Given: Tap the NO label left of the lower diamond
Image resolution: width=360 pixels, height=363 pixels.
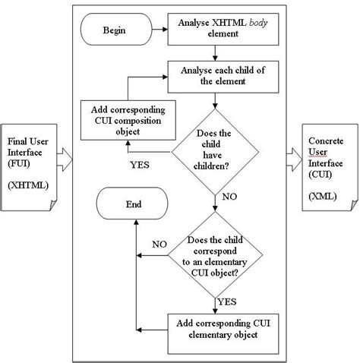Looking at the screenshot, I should tap(160, 245).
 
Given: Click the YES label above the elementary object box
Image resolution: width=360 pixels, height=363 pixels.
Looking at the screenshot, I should tap(226, 301).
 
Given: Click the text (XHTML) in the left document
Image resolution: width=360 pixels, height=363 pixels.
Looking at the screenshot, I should tap(26, 185).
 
